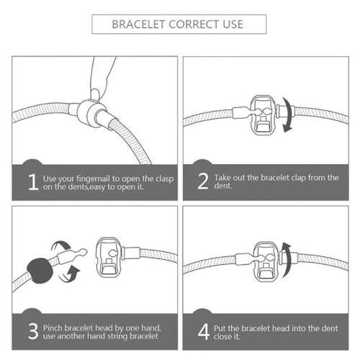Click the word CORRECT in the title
[x=194, y=24]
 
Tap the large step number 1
[x=33, y=182]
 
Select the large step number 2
[x=203, y=181]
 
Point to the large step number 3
[x=33, y=331]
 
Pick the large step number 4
[x=204, y=331]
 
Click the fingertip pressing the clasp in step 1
[x=96, y=94]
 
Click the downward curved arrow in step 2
[x=289, y=114]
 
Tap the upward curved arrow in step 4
[x=287, y=260]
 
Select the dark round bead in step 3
[x=40, y=271]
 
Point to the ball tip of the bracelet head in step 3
[x=83, y=252]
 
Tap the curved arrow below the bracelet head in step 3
[x=70, y=275]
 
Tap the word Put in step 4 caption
[x=220, y=328]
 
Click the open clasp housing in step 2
[x=263, y=115]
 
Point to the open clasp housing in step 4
[x=266, y=261]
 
